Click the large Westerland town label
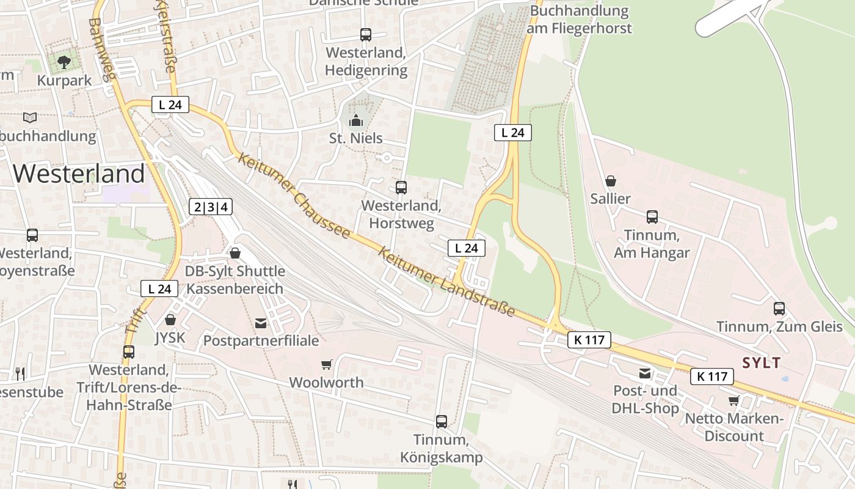click(79, 174)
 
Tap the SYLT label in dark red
click(761, 363)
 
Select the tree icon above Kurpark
click(64, 62)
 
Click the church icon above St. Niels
click(355, 120)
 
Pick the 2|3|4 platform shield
click(211, 207)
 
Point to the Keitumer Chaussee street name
click(294, 196)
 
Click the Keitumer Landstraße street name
click(446, 281)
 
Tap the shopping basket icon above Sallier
click(610, 181)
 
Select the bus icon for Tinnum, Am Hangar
click(652, 216)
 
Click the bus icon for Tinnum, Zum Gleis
click(779, 308)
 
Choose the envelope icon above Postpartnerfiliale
click(261, 323)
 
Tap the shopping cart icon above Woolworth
click(327, 364)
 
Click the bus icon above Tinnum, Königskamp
click(441, 421)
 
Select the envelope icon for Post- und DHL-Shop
click(645, 373)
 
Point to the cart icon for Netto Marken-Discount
click(733, 400)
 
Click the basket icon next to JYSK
click(170, 320)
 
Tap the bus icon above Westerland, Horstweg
click(401, 188)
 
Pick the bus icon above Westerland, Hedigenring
click(365, 35)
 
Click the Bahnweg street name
click(102, 49)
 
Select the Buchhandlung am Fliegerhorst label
click(580, 20)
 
